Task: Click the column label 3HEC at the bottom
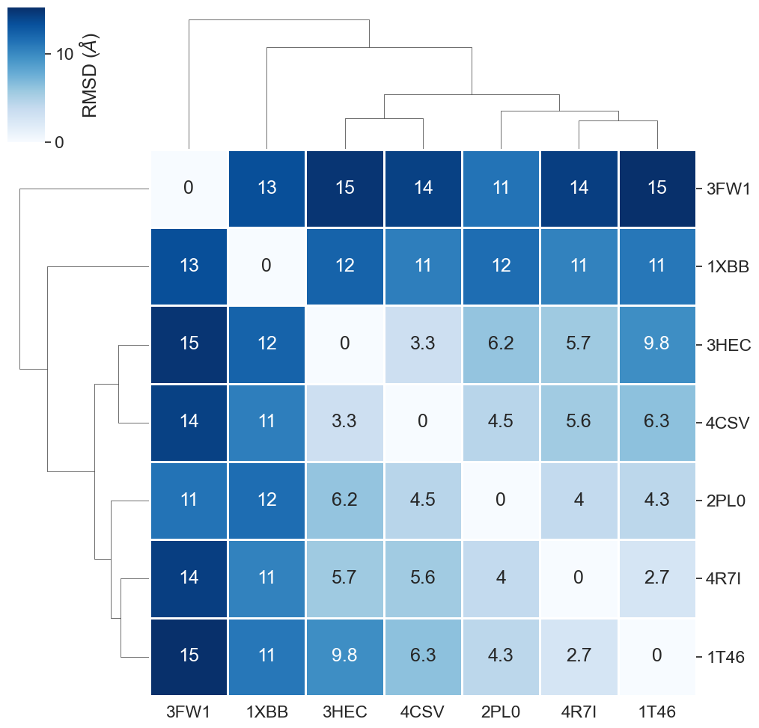[345, 710]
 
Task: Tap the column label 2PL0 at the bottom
[501, 710]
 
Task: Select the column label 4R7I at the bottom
[579, 710]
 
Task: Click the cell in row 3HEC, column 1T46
[656, 344]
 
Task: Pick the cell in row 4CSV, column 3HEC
[345, 422]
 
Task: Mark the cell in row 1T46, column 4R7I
[579, 655]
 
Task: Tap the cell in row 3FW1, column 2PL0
[501, 189]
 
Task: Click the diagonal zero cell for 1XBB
[267, 266]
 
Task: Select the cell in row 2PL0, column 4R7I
[579, 500]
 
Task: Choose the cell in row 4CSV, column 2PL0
[501, 422]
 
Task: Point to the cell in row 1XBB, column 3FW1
[189, 266]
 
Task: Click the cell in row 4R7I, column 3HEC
[345, 578]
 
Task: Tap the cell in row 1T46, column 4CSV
[423, 655]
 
